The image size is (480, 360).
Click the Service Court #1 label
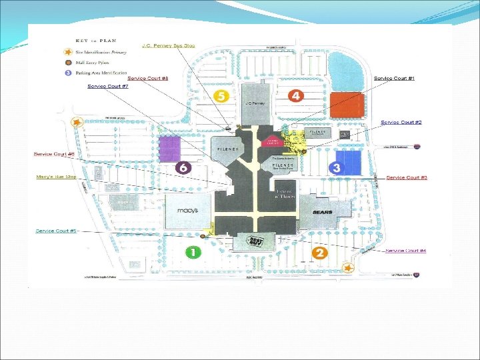tap(394, 79)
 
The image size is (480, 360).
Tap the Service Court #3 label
tap(407, 178)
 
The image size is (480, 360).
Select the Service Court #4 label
tap(406, 251)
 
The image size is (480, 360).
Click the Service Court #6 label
tap(54, 154)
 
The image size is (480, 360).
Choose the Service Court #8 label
tap(147, 79)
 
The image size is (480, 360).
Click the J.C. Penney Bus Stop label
tap(168, 45)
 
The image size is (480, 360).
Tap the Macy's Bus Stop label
tap(57, 177)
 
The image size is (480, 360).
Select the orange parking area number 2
tap(320, 253)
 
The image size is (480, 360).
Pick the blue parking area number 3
tap(337, 168)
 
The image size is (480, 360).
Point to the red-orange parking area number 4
tap(296, 96)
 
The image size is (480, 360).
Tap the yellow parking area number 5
tap(223, 96)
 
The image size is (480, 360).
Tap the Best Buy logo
tap(256, 241)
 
